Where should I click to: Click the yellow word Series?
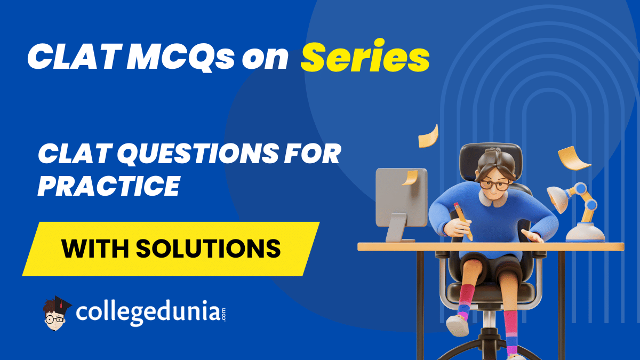(x=365, y=57)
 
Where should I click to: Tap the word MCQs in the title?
(x=180, y=58)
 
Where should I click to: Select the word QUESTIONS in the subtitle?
(x=198, y=155)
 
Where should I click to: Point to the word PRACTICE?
(x=109, y=186)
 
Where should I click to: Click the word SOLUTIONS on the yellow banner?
(x=209, y=249)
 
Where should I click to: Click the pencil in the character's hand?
(x=463, y=221)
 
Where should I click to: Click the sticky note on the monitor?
(x=410, y=178)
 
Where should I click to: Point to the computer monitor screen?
(x=402, y=197)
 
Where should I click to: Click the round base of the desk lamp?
(x=585, y=233)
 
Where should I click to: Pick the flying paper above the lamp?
(x=574, y=158)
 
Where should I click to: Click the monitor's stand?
(x=398, y=228)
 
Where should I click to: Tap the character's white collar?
(x=493, y=199)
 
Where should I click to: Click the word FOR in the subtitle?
(x=313, y=154)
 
